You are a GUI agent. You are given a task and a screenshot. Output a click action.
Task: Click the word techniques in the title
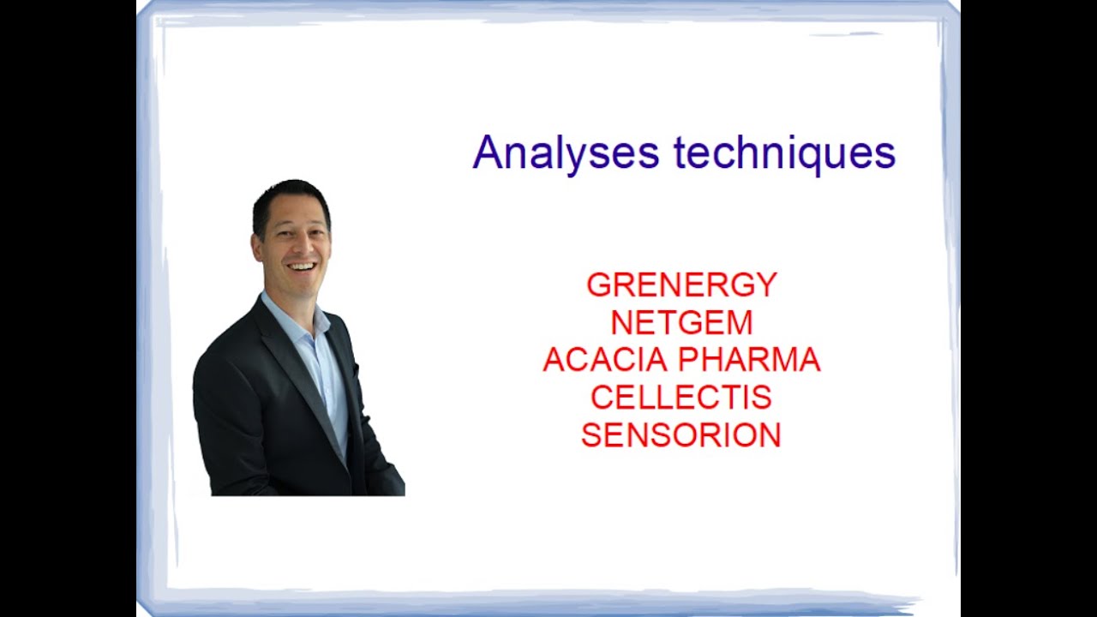784,154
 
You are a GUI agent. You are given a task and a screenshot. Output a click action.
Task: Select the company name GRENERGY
681,285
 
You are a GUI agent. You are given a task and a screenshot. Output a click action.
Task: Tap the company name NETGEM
681,323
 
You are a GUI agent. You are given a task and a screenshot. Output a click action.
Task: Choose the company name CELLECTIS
681,398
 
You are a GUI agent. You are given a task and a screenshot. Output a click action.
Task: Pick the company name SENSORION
681,435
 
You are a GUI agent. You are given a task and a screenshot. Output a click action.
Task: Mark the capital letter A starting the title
486,153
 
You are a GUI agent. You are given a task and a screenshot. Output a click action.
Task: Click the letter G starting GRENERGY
597,285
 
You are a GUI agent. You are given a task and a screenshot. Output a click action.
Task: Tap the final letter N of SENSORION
770,435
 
